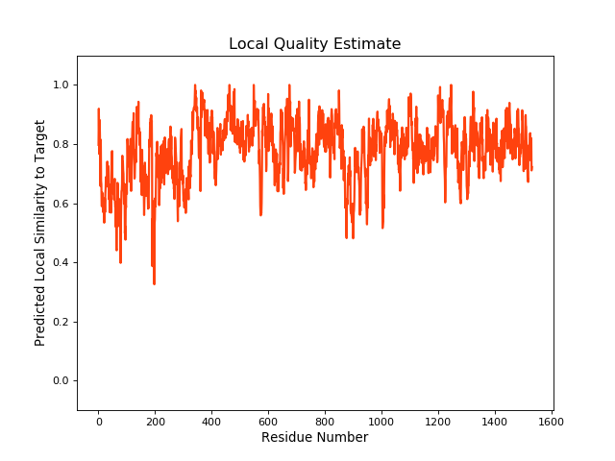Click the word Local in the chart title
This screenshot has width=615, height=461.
[x=248, y=44]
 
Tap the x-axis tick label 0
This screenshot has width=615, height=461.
[x=98, y=421]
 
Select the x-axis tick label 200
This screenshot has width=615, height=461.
[x=155, y=421]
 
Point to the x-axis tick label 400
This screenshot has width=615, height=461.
[x=211, y=421]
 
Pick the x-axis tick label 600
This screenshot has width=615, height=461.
[x=268, y=421]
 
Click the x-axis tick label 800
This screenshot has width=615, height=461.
[x=325, y=421]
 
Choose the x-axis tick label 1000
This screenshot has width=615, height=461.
[x=381, y=421]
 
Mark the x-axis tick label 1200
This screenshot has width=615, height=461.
[x=438, y=421]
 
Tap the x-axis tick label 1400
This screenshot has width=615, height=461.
[x=495, y=421]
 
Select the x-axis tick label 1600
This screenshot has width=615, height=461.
[x=552, y=421]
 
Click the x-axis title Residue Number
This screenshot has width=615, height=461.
[x=314, y=438]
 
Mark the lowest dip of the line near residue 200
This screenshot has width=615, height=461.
[x=154, y=283]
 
